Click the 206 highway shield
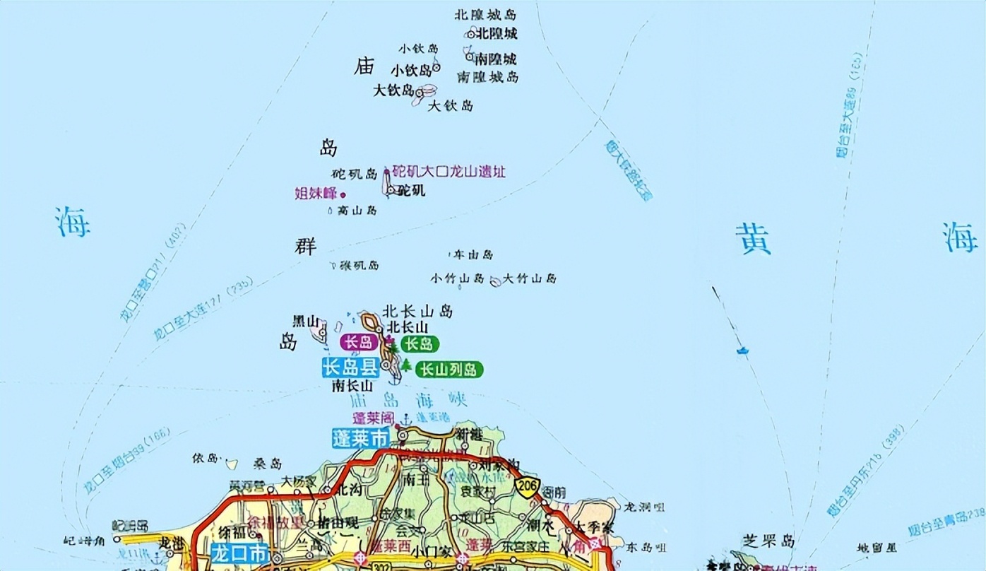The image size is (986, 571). [528, 487]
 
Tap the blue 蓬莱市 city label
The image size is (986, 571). [360, 437]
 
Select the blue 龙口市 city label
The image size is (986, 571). [239, 552]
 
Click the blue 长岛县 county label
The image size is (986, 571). [350, 367]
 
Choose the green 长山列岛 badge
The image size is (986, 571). [449, 369]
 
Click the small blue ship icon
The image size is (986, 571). [742, 350]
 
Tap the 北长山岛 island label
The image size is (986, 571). [417, 311]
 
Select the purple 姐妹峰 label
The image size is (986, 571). [316, 193]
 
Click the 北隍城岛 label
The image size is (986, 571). [486, 14]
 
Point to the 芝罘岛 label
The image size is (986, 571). [768, 541]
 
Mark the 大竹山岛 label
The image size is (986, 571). [530, 278]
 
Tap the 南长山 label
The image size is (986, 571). [352, 386]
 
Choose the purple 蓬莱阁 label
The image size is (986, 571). [374, 418]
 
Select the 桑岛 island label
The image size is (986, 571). [268, 464]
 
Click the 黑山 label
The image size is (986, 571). [307, 321]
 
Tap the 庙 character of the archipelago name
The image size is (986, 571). [364, 66]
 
